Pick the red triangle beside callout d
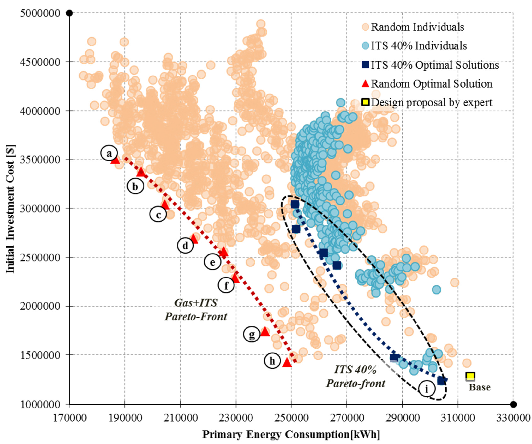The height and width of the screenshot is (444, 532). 195,239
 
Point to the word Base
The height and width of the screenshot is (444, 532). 479,387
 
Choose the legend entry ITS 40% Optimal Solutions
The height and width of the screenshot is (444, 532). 434,65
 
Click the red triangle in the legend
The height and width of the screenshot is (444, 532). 365,83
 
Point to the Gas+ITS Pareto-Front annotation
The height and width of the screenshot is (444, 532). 196,310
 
